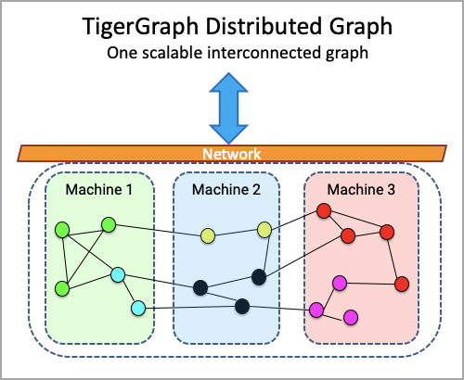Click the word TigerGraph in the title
[140, 27]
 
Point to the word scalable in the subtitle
[172, 53]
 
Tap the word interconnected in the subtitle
[264, 53]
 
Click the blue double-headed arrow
[228, 108]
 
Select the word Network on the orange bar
[232, 154]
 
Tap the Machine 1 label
[99, 189]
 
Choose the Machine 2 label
[226, 189]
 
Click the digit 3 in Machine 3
[392, 189]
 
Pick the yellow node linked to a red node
[264, 230]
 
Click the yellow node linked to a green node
[208, 235]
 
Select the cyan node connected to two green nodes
[118, 275]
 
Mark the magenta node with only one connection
[351, 317]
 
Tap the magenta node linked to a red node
[340, 283]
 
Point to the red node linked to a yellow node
[324, 211]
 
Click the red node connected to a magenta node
[402, 284]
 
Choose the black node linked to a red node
[259, 277]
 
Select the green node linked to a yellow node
[109, 224]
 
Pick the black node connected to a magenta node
[242, 307]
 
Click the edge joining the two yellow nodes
[236, 233]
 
